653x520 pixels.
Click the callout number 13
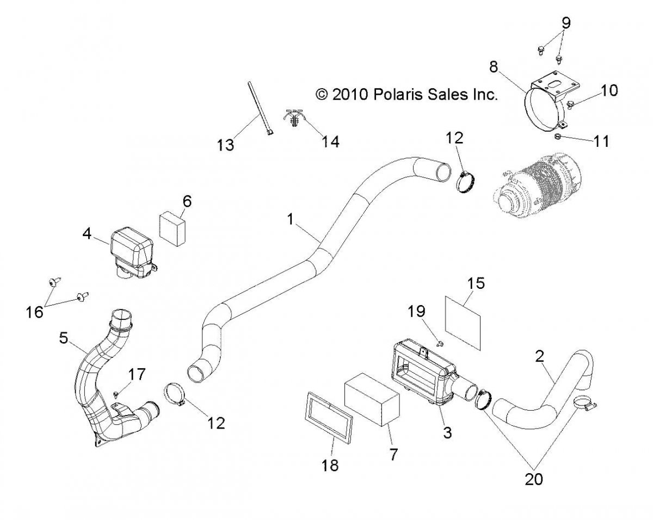(x=225, y=145)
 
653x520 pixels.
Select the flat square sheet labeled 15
(x=464, y=321)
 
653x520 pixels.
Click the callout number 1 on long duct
(x=291, y=219)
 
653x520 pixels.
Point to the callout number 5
(x=64, y=338)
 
